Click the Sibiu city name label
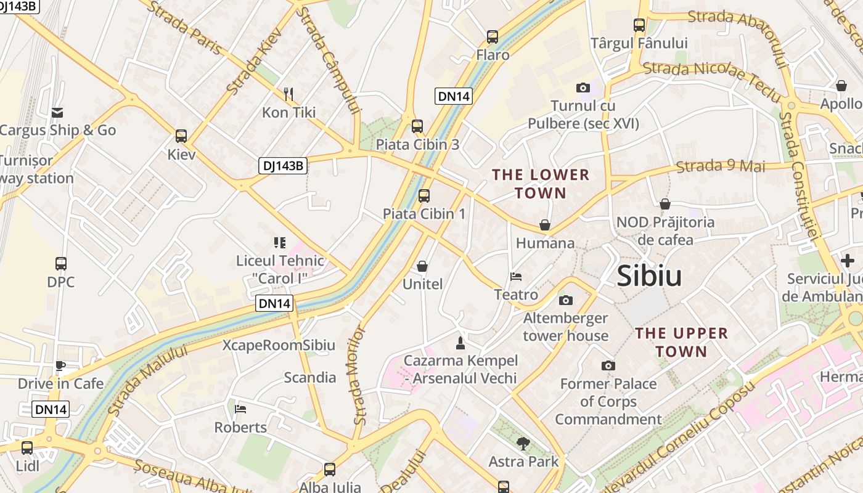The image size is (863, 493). point(649,275)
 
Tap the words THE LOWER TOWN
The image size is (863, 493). point(541,184)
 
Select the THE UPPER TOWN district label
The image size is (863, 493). point(681,342)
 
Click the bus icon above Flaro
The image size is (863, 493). point(492,37)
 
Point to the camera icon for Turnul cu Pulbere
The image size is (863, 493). point(583,88)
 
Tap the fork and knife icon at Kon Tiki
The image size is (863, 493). point(288,94)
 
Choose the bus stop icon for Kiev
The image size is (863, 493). point(181,136)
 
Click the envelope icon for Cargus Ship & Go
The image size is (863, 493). point(57,112)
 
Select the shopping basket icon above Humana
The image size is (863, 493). point(544,225)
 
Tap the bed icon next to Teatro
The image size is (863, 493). point(516,277)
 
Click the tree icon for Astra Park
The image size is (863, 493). point(523,443)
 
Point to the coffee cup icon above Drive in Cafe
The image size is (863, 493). point(60,365)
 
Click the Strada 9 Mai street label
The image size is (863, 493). point(720,166)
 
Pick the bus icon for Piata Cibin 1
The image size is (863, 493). point(423,196)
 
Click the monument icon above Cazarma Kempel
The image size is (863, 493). point(460,342)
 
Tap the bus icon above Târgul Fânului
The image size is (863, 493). point(639,25)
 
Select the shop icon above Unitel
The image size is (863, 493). point(422,266)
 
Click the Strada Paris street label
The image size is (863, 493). point(185,28)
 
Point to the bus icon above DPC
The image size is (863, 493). point(60,264)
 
